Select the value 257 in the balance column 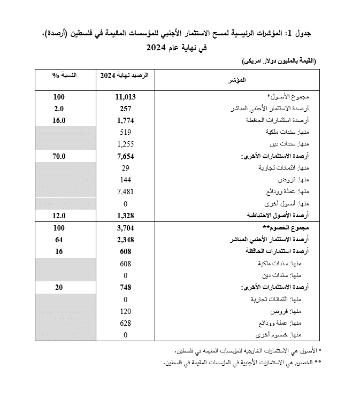(126, 109)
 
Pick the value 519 (126, 132)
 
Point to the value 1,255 (126, 144)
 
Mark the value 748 (126, 287)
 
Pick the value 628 (126, 323)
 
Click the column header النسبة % (64, 75)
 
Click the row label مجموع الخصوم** (293, 228)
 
